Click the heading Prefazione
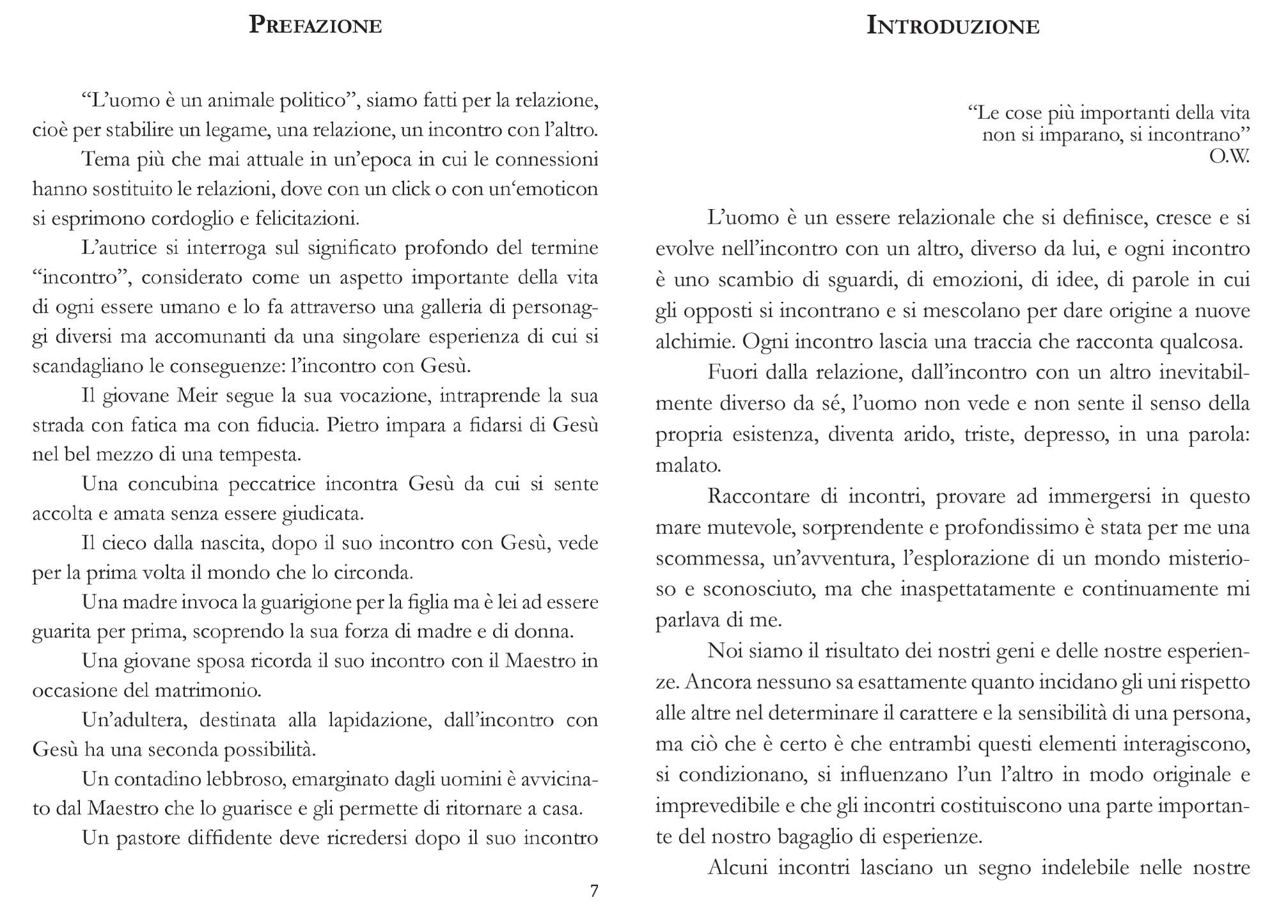(x=315, y=26)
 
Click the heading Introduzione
(x=952, y=26)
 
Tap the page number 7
(x=594, y=891)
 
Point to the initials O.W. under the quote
(x=1229, y=157)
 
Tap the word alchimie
(x=694, y=341)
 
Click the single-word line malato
(x=688, y=465)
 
